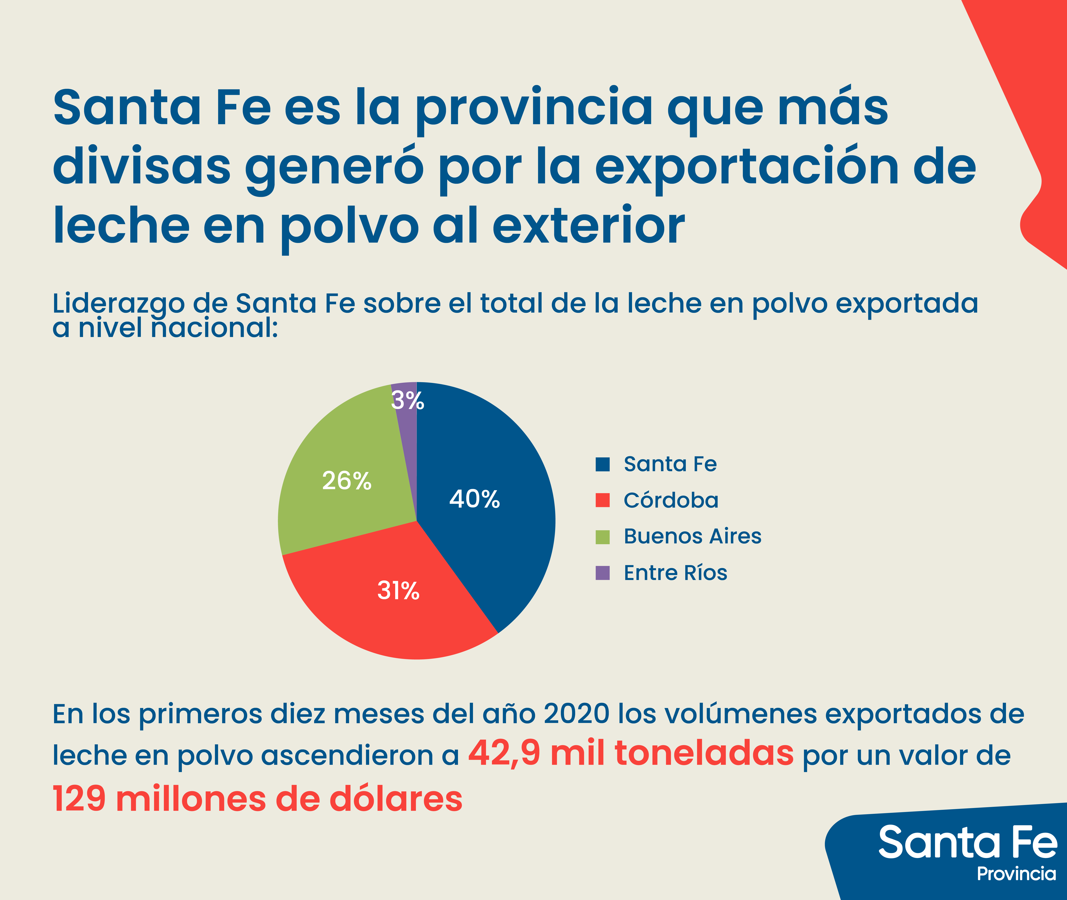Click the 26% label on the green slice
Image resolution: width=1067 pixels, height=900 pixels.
(347, 481)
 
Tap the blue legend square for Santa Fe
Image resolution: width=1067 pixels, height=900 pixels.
(603, 464)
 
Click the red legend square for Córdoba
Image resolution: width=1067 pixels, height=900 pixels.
(603, 500)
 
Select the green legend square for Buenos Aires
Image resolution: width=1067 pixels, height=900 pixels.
(603, 537)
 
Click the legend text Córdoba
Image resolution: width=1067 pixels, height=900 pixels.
(670, 500)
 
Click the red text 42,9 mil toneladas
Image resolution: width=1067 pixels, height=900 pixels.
(630, 754)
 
